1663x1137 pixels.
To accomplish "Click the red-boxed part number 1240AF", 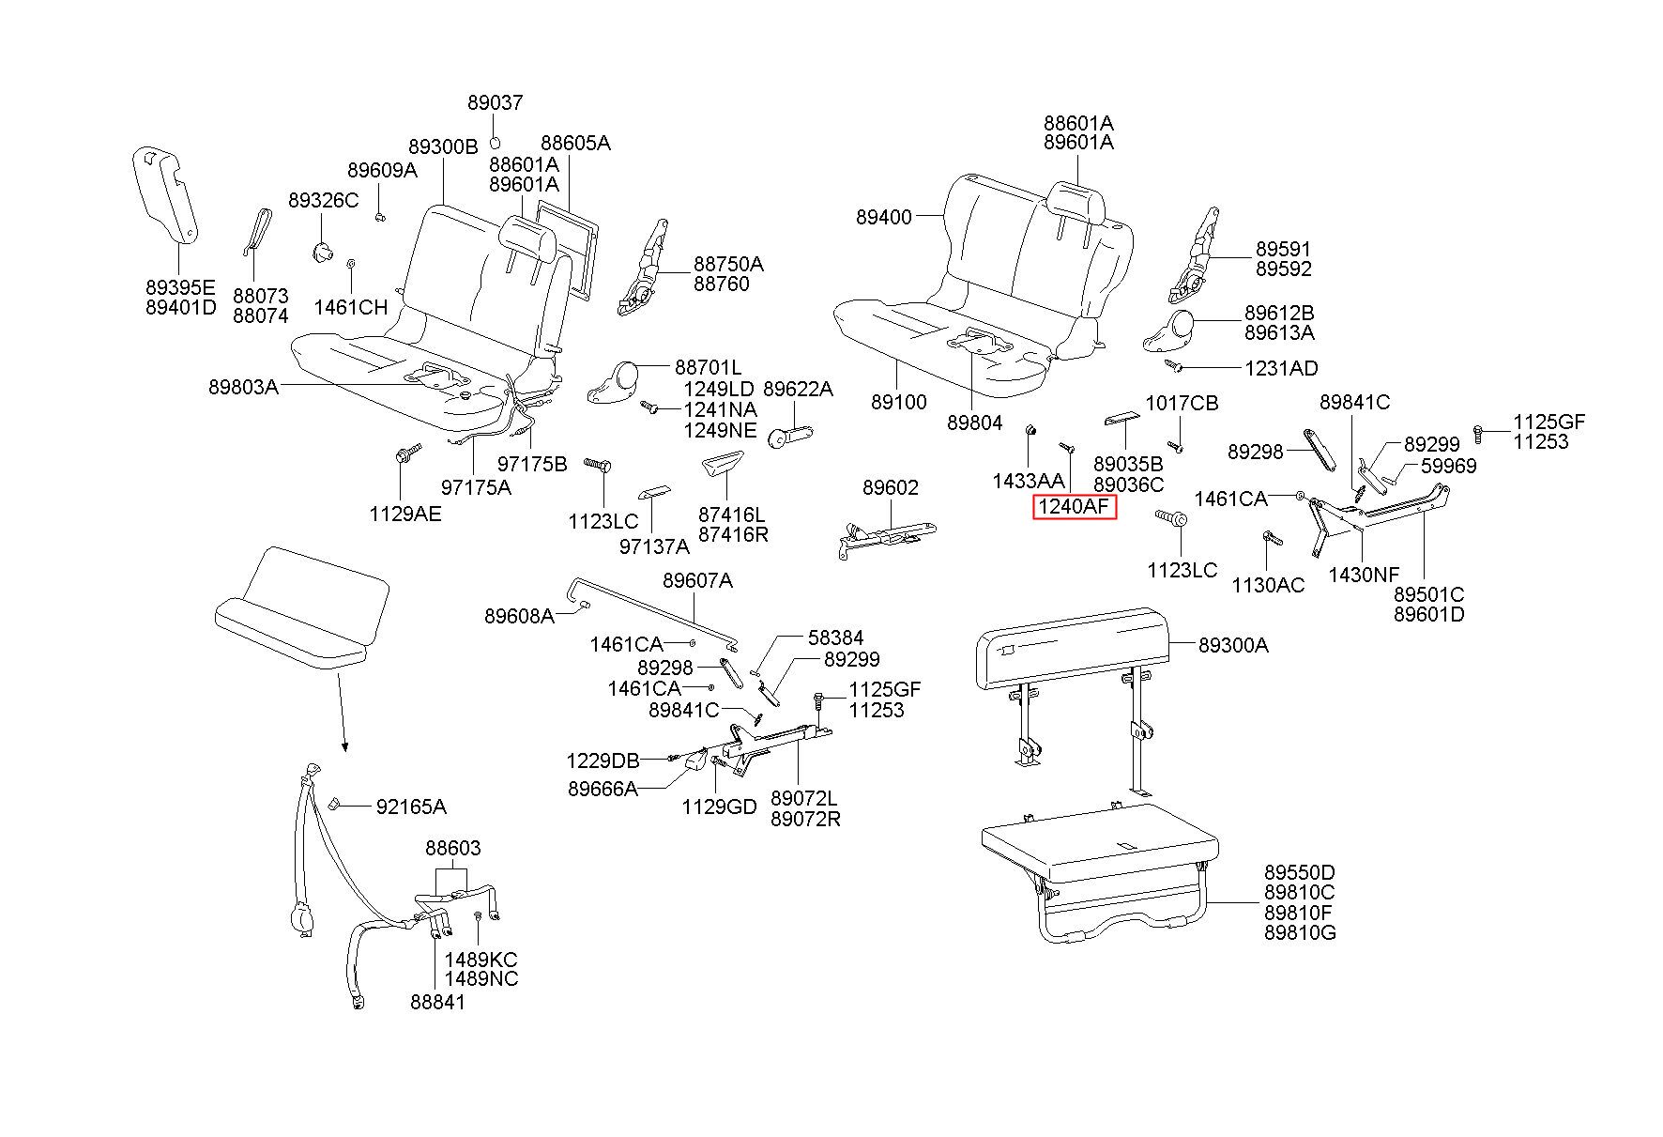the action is coord(1075,508).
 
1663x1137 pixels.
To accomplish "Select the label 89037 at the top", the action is coord(496,102).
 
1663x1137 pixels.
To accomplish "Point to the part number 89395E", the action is coord(180,286).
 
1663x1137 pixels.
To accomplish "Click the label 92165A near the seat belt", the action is coord(411,807).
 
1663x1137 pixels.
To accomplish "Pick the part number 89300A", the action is coord(1233,645).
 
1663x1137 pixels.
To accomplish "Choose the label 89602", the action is coord(891,487).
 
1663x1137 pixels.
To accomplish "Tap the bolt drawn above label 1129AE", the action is coord(402,456).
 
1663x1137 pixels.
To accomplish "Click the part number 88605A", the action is coord(575,143).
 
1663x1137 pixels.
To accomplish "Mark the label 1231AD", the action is coord(1281,368).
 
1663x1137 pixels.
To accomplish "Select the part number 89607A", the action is coord(697,580).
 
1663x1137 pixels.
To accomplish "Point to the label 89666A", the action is coord(603,789).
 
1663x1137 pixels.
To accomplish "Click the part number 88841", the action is coord(437,1002).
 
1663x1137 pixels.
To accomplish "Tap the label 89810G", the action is coord(1300,932).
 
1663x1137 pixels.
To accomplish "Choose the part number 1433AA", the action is coord(1029,480).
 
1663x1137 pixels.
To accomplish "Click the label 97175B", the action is coord(532,463).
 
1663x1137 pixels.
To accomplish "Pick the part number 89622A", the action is coord(798,389).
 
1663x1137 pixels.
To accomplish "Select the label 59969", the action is coord(1448,466).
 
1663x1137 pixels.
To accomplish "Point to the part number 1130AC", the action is coord(1268,585).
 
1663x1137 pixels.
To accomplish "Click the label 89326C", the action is coord(323,200).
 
